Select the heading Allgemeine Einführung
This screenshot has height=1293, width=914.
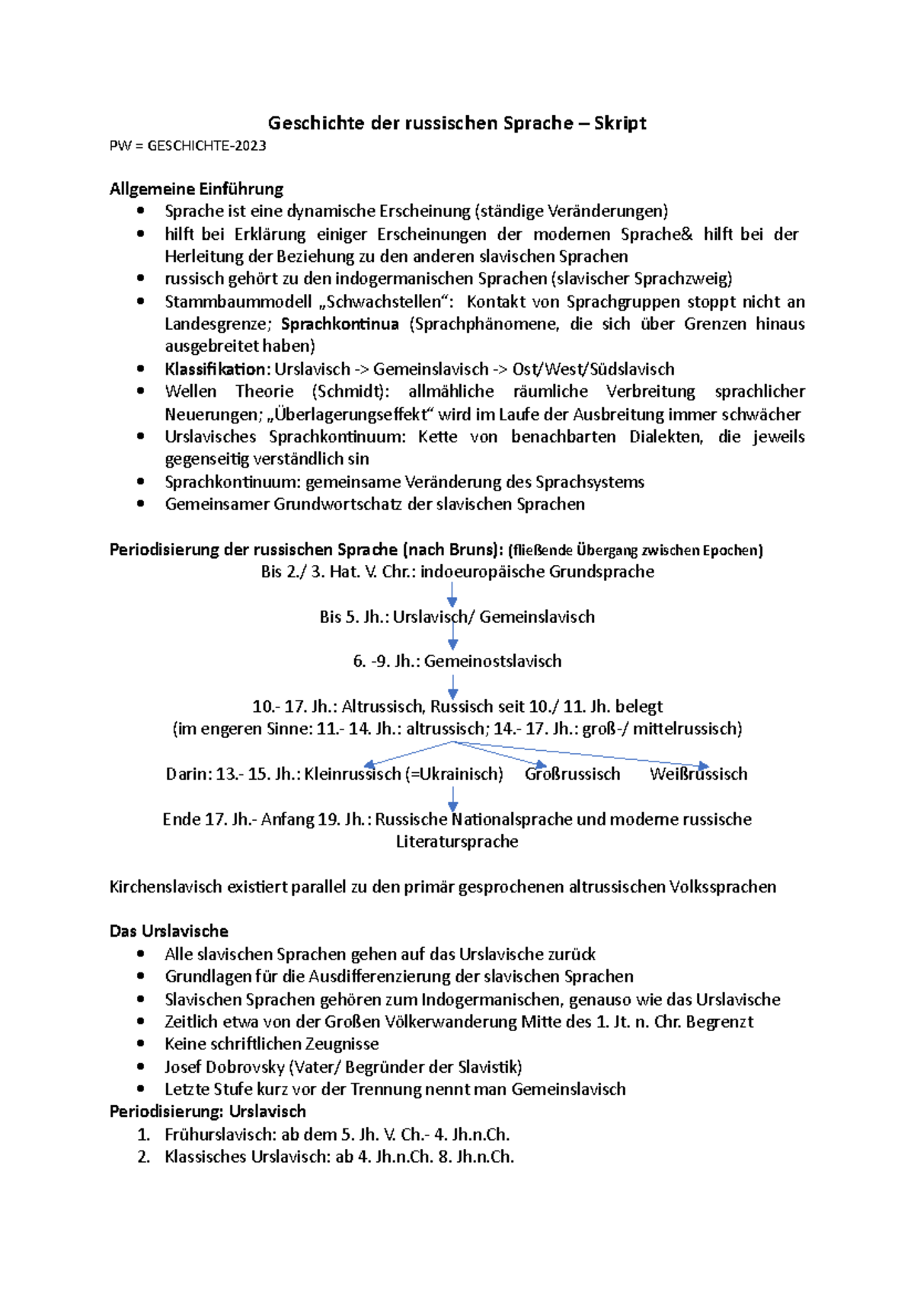point(197,189)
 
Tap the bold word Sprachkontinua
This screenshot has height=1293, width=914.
point(340,324)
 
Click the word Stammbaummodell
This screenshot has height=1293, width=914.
point(238,302)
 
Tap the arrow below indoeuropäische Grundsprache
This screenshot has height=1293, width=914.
point(452,594)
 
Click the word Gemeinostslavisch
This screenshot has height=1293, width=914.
point(493,661)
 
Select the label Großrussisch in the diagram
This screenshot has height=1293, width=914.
point(572,774)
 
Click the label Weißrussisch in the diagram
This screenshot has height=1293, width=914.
point(698,774)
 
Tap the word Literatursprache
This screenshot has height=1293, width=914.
point(457,841)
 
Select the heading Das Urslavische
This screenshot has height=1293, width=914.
point(169,931)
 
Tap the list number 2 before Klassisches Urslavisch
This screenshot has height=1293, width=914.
point(143,1157)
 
